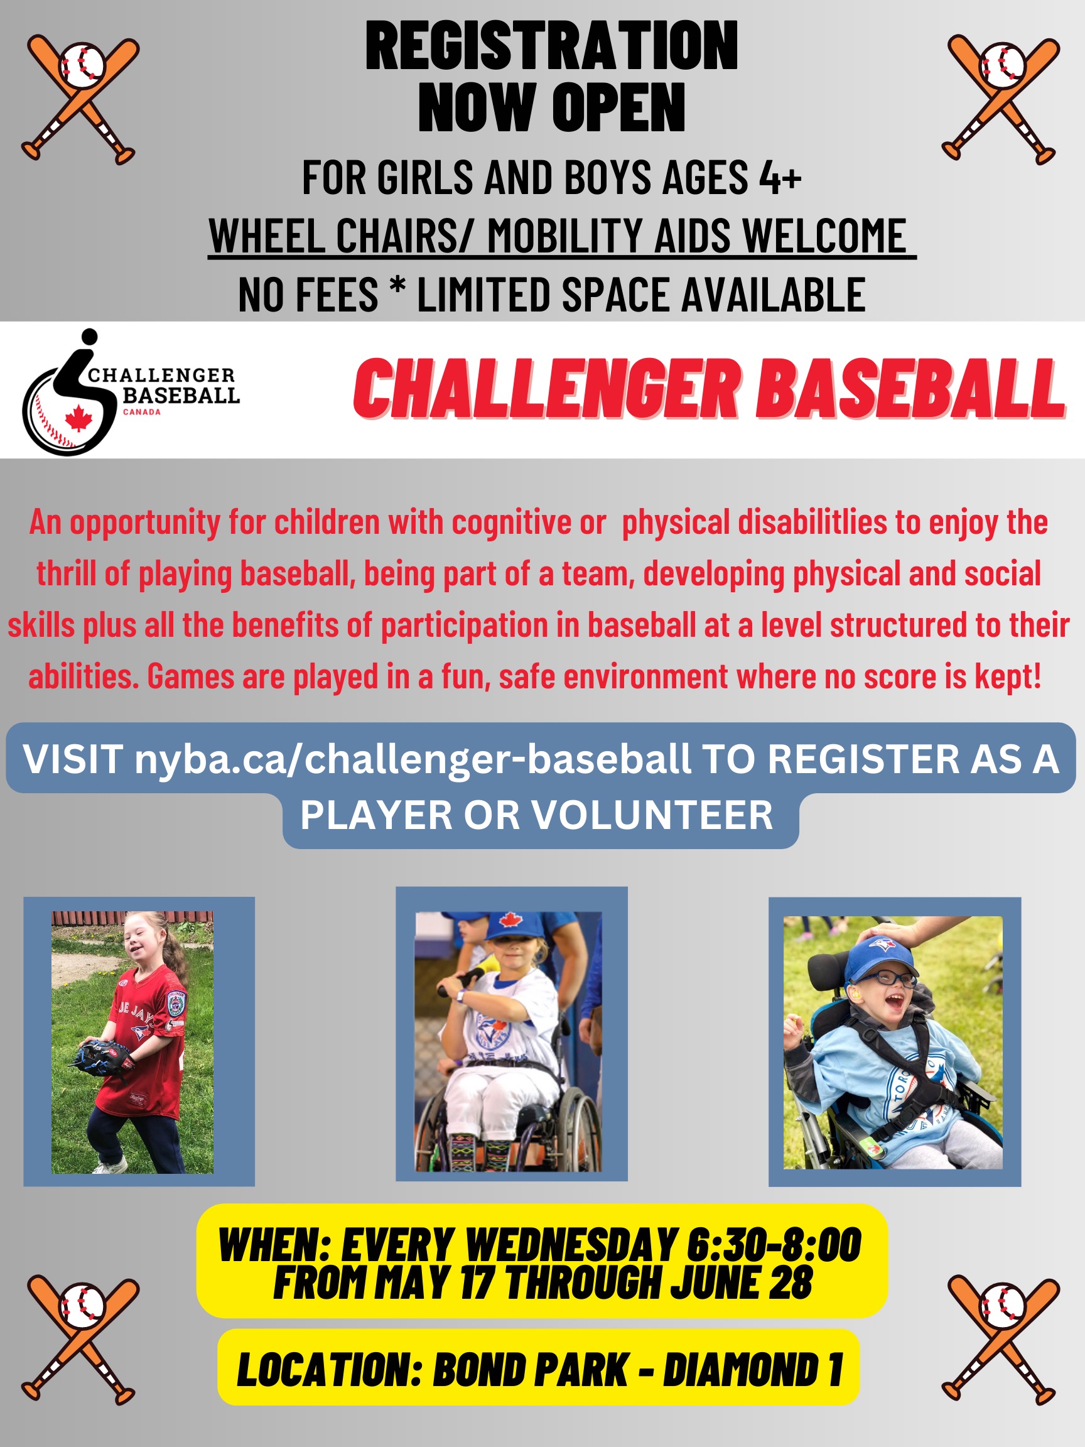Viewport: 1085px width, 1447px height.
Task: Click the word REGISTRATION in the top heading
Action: coord(551,45)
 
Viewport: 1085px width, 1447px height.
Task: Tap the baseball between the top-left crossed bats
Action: coord(82,66)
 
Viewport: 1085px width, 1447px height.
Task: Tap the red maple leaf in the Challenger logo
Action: coord(78,418)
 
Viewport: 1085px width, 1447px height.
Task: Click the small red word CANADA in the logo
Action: coord(142,412)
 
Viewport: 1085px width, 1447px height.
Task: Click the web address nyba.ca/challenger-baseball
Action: coord(412,759)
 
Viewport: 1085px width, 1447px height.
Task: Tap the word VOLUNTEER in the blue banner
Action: coord(651,815)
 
